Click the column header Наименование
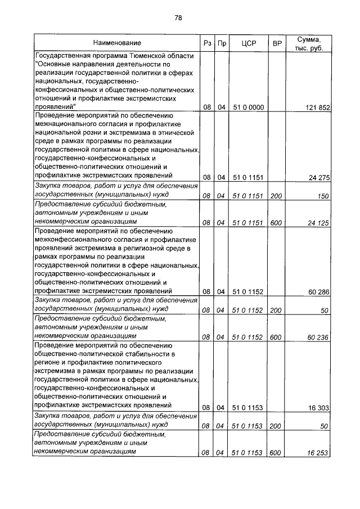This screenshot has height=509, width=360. tap(118, 43)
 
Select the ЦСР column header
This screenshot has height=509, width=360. tap(248, 43)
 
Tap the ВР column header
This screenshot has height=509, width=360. tap(276, 43)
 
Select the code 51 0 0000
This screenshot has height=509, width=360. tap(248, 107)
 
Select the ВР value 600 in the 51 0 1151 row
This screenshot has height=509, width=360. tap(276, 223)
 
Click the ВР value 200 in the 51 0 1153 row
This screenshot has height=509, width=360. tap(276, 426)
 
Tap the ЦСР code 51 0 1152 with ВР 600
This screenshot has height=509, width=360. tap(248, 337)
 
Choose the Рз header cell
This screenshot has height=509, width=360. tap(206, 43)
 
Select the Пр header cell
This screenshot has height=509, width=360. tap(222, 43)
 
